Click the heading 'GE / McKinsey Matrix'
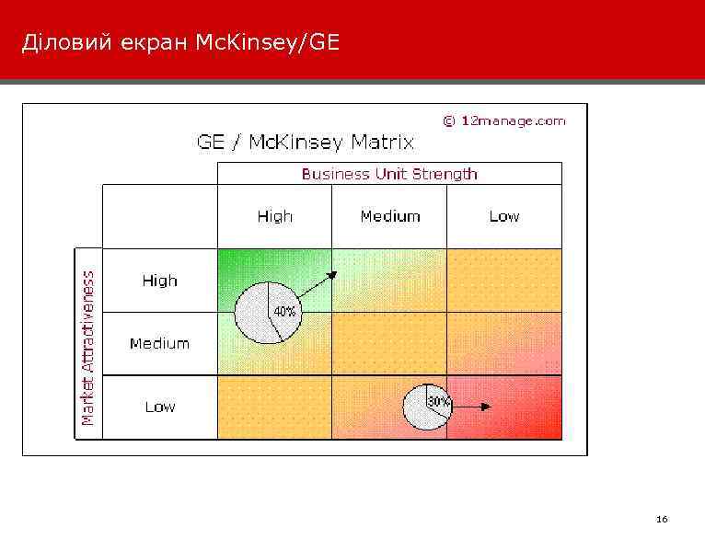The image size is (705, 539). click(306, 143)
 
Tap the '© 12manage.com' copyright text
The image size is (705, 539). click(504, 120)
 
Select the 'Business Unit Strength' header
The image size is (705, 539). click(389, 174)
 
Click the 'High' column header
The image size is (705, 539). click(274, 217)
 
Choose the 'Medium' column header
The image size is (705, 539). click(389, 217)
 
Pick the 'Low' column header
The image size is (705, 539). click(503, 217)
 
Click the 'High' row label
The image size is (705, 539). click(159, 281)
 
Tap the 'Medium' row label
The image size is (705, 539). click(159, 344)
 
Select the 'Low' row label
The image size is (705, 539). click(159, 407)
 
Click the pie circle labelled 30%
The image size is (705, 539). click(425, 407)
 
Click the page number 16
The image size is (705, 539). click(662, 520)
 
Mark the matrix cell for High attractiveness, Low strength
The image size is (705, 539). click(503, 281)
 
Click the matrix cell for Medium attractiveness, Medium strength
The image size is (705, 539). click(389, 344)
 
